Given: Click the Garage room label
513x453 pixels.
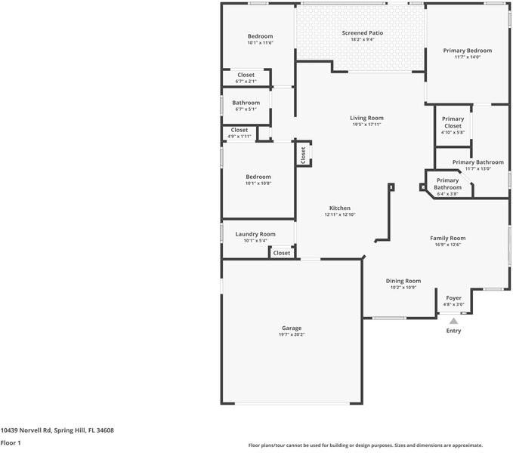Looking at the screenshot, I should coord(292,328).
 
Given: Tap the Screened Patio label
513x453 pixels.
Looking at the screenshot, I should coord(362,33).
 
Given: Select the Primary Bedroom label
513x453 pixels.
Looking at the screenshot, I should coord(467,51).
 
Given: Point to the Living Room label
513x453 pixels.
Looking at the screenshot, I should coord(366,118).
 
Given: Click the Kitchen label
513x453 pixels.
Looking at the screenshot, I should coord(339,208).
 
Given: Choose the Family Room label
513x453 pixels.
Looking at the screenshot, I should coord(447,238).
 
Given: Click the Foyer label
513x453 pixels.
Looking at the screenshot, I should coord(453,298).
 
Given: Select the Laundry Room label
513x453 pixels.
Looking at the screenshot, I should coord(255,234).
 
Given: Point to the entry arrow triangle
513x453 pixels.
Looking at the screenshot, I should coord(453,321).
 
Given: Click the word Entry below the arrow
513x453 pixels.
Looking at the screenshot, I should coord(453,331).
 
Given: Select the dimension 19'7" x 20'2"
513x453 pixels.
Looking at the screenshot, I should coord(292,334).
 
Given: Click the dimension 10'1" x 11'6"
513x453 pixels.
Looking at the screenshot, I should coord(260,43).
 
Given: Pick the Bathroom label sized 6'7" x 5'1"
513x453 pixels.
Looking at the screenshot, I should coord(246,103).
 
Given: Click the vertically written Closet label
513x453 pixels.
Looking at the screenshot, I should coord(303,155).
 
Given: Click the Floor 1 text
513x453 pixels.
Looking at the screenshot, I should coord(10,443).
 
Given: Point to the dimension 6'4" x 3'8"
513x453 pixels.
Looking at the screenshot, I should coord(447,194).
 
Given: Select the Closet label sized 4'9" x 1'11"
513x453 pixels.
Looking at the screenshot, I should coord(239,130).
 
